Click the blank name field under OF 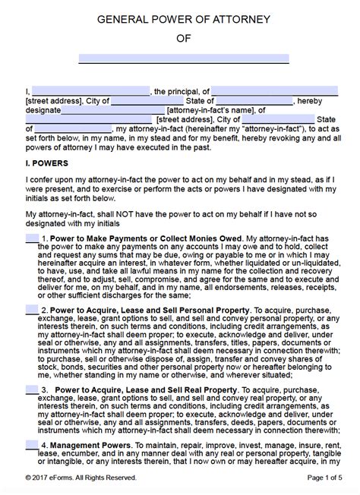(x=184, y=58)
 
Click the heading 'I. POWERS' (x=47, y=163)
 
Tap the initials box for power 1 (x=32, y=238)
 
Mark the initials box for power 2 (x=32, y=310)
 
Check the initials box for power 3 (x=32, y=389)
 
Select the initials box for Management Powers (x=32, y=445)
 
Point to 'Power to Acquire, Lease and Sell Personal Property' (x=144, y=311)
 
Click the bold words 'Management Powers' (x=90, y=446)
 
